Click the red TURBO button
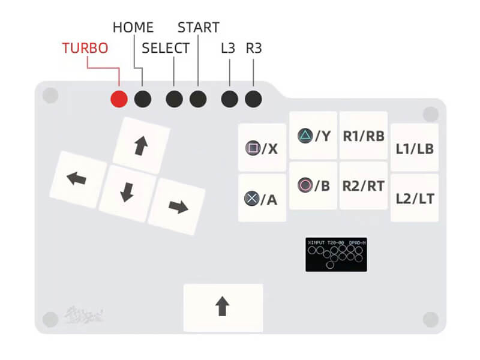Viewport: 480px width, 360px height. click(x=119, y=99)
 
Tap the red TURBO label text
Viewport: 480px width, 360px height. click(x=85, y=49)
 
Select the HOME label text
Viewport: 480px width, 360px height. click(x=133, y=28)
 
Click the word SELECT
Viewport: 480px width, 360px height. click(x=166, y=49)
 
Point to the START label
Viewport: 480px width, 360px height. click(x=199, y=28)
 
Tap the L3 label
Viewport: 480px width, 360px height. click(x=228, y=49)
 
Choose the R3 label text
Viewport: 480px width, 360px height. click(x=254, y=49)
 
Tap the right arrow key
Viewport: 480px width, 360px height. click(x=177, y=206)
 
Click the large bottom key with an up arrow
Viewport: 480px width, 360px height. click(x=223, y=307)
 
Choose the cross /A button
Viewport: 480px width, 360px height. click(x=262, y=199)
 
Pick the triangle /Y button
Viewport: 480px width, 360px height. click(x=314, y=136)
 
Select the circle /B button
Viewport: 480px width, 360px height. click(x=314, y=186)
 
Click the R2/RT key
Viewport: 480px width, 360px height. click(x=364, y=186)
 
